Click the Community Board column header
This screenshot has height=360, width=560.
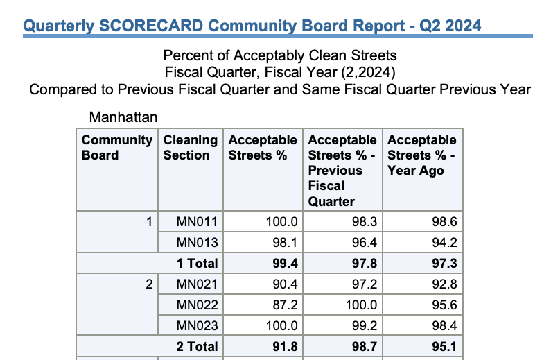click(116, 148)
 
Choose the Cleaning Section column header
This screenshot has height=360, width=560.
click(191, 148)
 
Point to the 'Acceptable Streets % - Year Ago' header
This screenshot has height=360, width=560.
click(422, 155)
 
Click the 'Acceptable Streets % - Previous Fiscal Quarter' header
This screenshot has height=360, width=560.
click(342, 171)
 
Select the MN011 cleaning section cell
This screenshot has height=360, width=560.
click(198, 223)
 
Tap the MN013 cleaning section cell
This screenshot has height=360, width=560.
click(198, 243)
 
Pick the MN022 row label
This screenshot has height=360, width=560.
click(198, 305)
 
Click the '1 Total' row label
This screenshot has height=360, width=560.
click(197, 264)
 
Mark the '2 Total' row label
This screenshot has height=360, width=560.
click(197, 347)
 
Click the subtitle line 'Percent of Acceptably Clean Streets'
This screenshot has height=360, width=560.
click(280, 55)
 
